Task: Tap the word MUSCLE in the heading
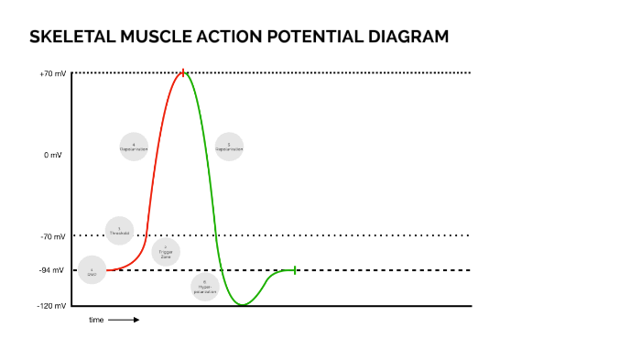(x=146, y=38)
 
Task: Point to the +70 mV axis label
(x=53, y=73)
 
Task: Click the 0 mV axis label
(x=53, y=155)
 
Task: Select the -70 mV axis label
(x=53, y=236)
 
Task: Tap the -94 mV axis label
(x=53, y=270)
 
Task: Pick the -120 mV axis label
(x=52, y=305)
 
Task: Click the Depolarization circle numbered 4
(x=134, y=147)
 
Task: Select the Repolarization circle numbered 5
(x=229, y=147)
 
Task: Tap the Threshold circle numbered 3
(x=120, y=231)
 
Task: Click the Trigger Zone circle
(x=166, y=252)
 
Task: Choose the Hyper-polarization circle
(x=205, y=287)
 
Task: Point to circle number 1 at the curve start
(x=92, y=270)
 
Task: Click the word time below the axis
(x=96, y=320)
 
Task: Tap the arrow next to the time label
(x=124, y=320)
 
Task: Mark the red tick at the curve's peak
(x=183, y=72)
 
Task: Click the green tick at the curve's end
(x=295, y=270)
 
